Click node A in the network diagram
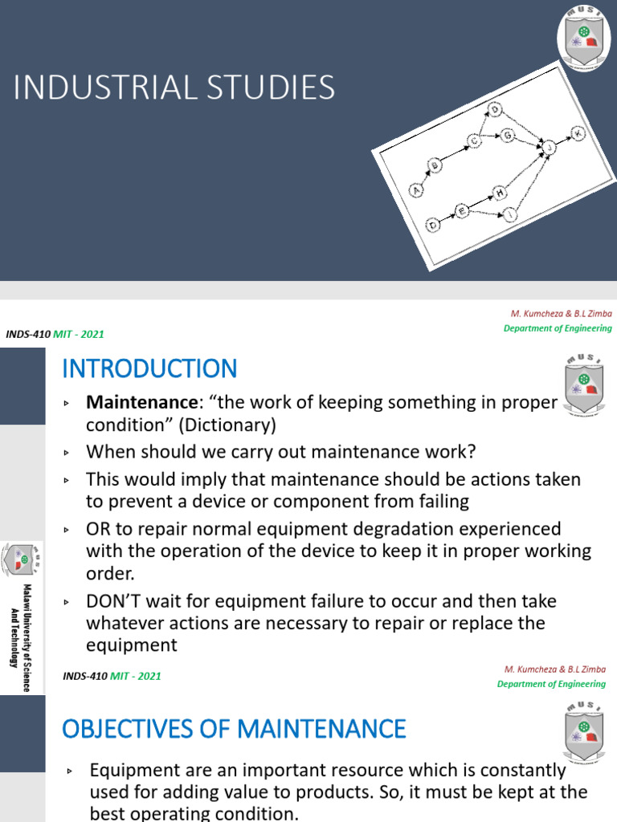(416, 190)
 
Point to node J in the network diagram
(550, 148)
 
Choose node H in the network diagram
(500, 193)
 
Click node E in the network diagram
(462, 210)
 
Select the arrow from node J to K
(563, 140)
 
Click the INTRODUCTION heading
(149, 369)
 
